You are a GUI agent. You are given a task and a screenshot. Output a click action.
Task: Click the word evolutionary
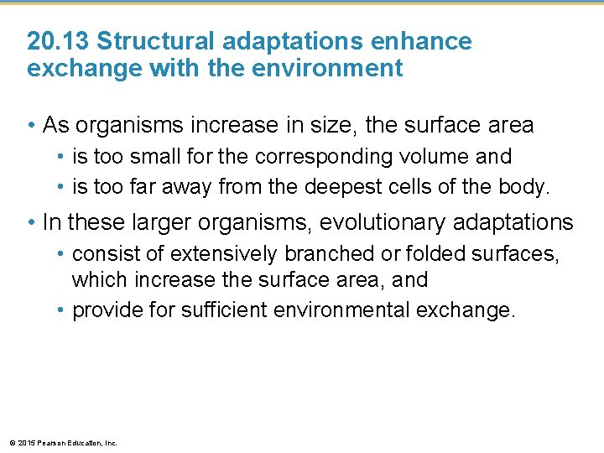370,223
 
